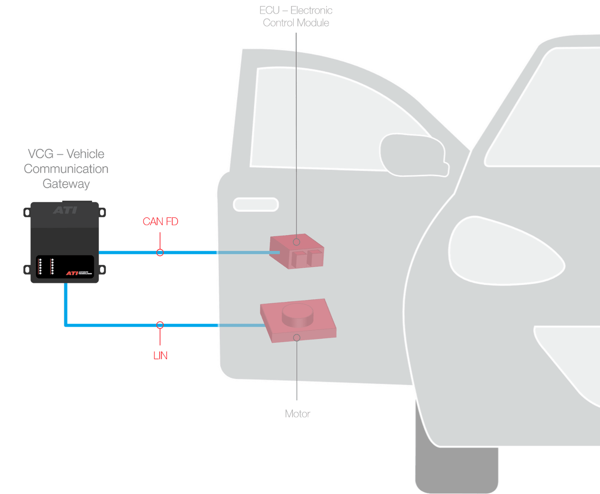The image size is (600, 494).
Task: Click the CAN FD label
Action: (x=160, y=222)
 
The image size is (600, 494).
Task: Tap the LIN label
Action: (x=160, y=355)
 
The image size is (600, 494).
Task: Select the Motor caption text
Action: (x=297, y=414)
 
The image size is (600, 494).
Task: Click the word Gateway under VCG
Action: (x=66, y=184)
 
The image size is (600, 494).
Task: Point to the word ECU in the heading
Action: (x=269, y=11)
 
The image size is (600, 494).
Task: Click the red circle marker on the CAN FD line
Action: (x=160, y=252)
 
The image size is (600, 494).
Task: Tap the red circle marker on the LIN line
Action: (x=160, y=325)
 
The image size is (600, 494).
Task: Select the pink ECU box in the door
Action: (x=296, y=252)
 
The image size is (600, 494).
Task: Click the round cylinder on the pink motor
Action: (x=297, y=314)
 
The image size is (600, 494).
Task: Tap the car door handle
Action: (x=256, y=204)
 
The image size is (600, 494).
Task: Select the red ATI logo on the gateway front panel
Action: (x=72, y=273)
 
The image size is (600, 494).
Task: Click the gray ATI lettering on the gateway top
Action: (x=65, y=210)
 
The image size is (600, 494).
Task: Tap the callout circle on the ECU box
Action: (x=297, y=242)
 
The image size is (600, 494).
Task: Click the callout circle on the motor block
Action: (x=297, y=338)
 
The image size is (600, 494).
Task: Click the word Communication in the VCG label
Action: (x=66, y=169)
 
